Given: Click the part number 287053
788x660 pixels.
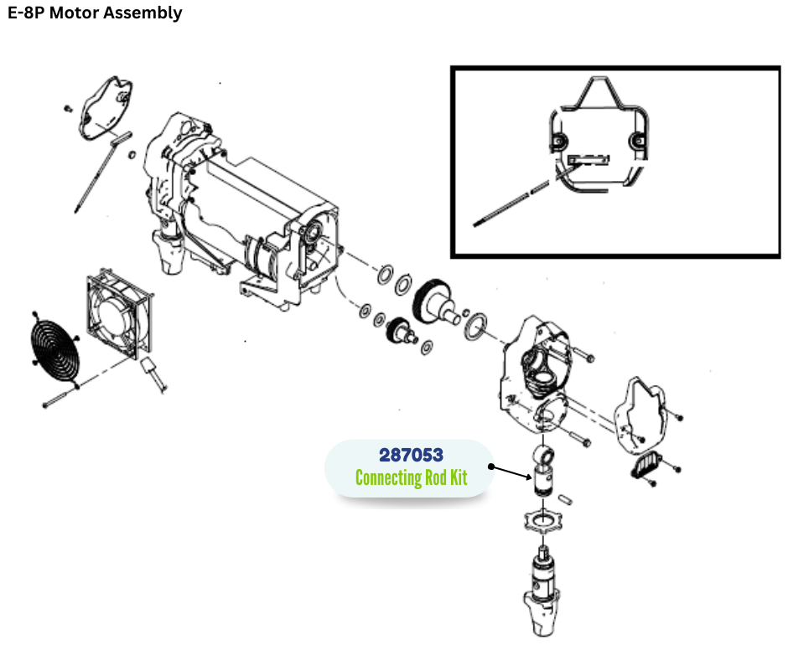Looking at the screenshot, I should [x=411, y=456].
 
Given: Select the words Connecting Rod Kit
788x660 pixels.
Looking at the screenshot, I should [x=411, y=478].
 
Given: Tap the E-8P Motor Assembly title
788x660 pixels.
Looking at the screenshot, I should [x=95, y=13].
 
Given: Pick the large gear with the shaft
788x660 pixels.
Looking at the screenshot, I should [x=436, y=302].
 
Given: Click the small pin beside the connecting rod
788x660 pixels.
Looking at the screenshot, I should [x=568, y=496].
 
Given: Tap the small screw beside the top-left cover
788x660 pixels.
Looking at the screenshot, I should [x=67, y=109].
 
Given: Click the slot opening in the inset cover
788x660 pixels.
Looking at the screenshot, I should [x=589, y=157].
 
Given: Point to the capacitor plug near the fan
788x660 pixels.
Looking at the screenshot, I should [x=152, y=370].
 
